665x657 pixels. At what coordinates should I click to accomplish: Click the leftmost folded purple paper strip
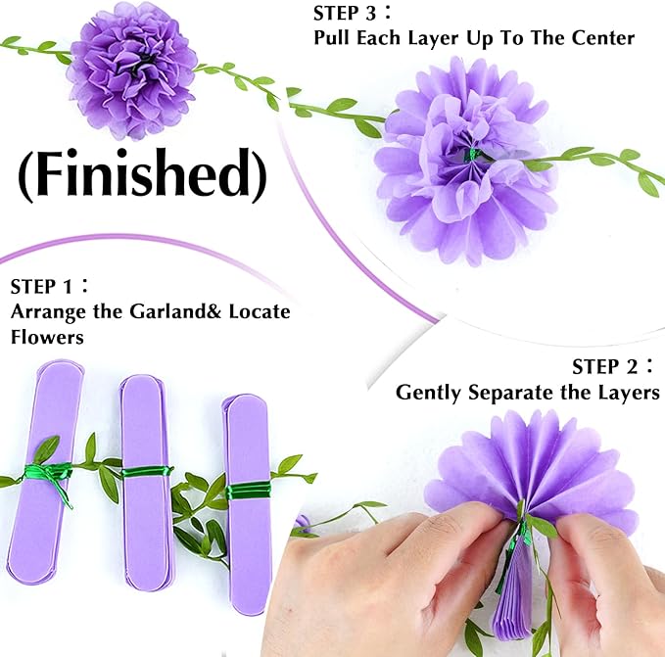click(46, 470)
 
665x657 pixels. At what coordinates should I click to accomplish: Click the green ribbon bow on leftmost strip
click(49, 475)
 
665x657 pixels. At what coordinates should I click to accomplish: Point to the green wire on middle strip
click(147, 472)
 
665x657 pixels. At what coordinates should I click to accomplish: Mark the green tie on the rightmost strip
click(248, 489)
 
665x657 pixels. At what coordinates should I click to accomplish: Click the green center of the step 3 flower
click(472, 155)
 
